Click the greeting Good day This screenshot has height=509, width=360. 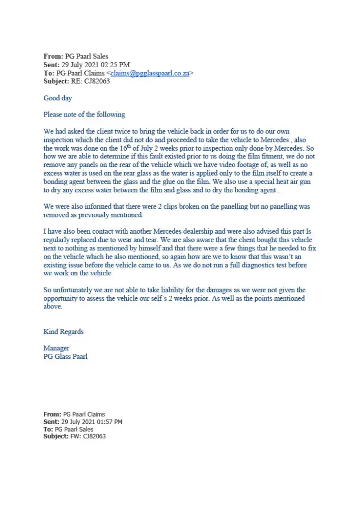point(58,98)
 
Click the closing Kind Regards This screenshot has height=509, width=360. point(63,332)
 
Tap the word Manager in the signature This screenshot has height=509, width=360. point(56,348)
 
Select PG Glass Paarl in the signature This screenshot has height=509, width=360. point(65,356)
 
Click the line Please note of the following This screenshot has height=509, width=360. point(84,115)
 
